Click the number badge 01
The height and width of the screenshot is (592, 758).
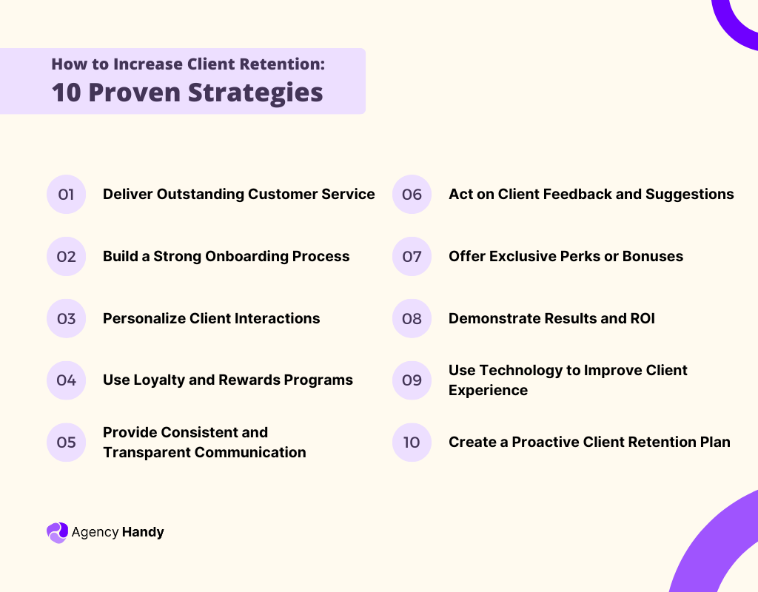click(66, 195)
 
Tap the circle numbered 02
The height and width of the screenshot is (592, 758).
click(66, 257)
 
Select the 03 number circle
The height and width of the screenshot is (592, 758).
click(66, 319)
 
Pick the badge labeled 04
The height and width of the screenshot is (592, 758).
click(66, 380)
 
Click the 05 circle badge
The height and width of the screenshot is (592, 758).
click(66, 443)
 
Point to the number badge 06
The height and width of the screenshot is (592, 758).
click(412, 195)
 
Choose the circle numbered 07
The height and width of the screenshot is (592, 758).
click(412, 257)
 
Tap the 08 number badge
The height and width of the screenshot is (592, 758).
click(412, 319)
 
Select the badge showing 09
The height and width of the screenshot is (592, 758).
click(412, 380)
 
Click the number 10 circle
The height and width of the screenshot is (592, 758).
click(412, 443)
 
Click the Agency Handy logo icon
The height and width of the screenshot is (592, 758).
click(57, 532)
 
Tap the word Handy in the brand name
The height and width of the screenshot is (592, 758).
click(143, 532)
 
